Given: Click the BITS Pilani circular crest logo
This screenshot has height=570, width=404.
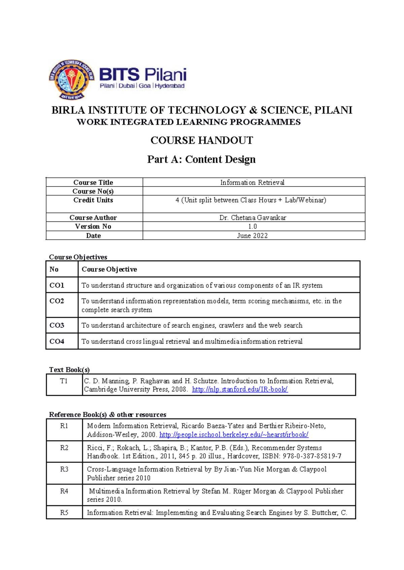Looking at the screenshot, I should pyautogui.click(x=71, y=80).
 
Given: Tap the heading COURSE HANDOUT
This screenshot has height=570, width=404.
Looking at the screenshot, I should pyautogui.click(x=202, y=140).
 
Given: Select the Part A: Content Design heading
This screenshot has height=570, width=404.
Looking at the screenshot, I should pyautogui.click(x=201, y=159).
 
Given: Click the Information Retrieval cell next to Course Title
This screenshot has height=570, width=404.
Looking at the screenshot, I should pyautogui.click(x=252, y=182).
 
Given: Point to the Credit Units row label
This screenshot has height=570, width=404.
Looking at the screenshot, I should pyautogui.click(x=93, y=200).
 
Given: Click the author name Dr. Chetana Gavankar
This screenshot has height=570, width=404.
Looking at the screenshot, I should pyautogui.click(x=252, y=217).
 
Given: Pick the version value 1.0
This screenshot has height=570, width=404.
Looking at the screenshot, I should pyautogui.click(x=252, y=227).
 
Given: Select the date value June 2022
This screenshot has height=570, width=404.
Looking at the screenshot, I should pyautogui.click(x=252, y=236).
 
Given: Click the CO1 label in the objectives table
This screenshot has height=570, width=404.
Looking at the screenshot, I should pyautogui.click(x=57, y=285).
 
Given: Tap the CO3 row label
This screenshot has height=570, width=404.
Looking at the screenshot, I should pyautogui.click(x=57, y=325).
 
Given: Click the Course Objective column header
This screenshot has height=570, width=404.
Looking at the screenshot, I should pyautogui.click(x=109, y=269).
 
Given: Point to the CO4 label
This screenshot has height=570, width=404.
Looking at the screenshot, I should pyautogui.click(x=57, y=341).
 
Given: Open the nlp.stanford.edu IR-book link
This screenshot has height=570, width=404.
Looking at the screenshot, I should pyautogui.click(x=240, y=389).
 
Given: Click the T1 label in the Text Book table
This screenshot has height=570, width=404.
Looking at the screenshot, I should pyautogui.click(x=64, y=381).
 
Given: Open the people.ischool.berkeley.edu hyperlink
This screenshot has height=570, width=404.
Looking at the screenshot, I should pyautogui.click(x=234, y=435).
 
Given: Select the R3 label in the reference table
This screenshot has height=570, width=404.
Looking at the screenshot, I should pyautogui.click(x=64, y=469).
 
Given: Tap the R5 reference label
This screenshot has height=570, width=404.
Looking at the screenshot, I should pyautogui.click(x=64, y=513).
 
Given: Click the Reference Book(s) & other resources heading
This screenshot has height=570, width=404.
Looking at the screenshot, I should pyautogui.click(x=108, y=414).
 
